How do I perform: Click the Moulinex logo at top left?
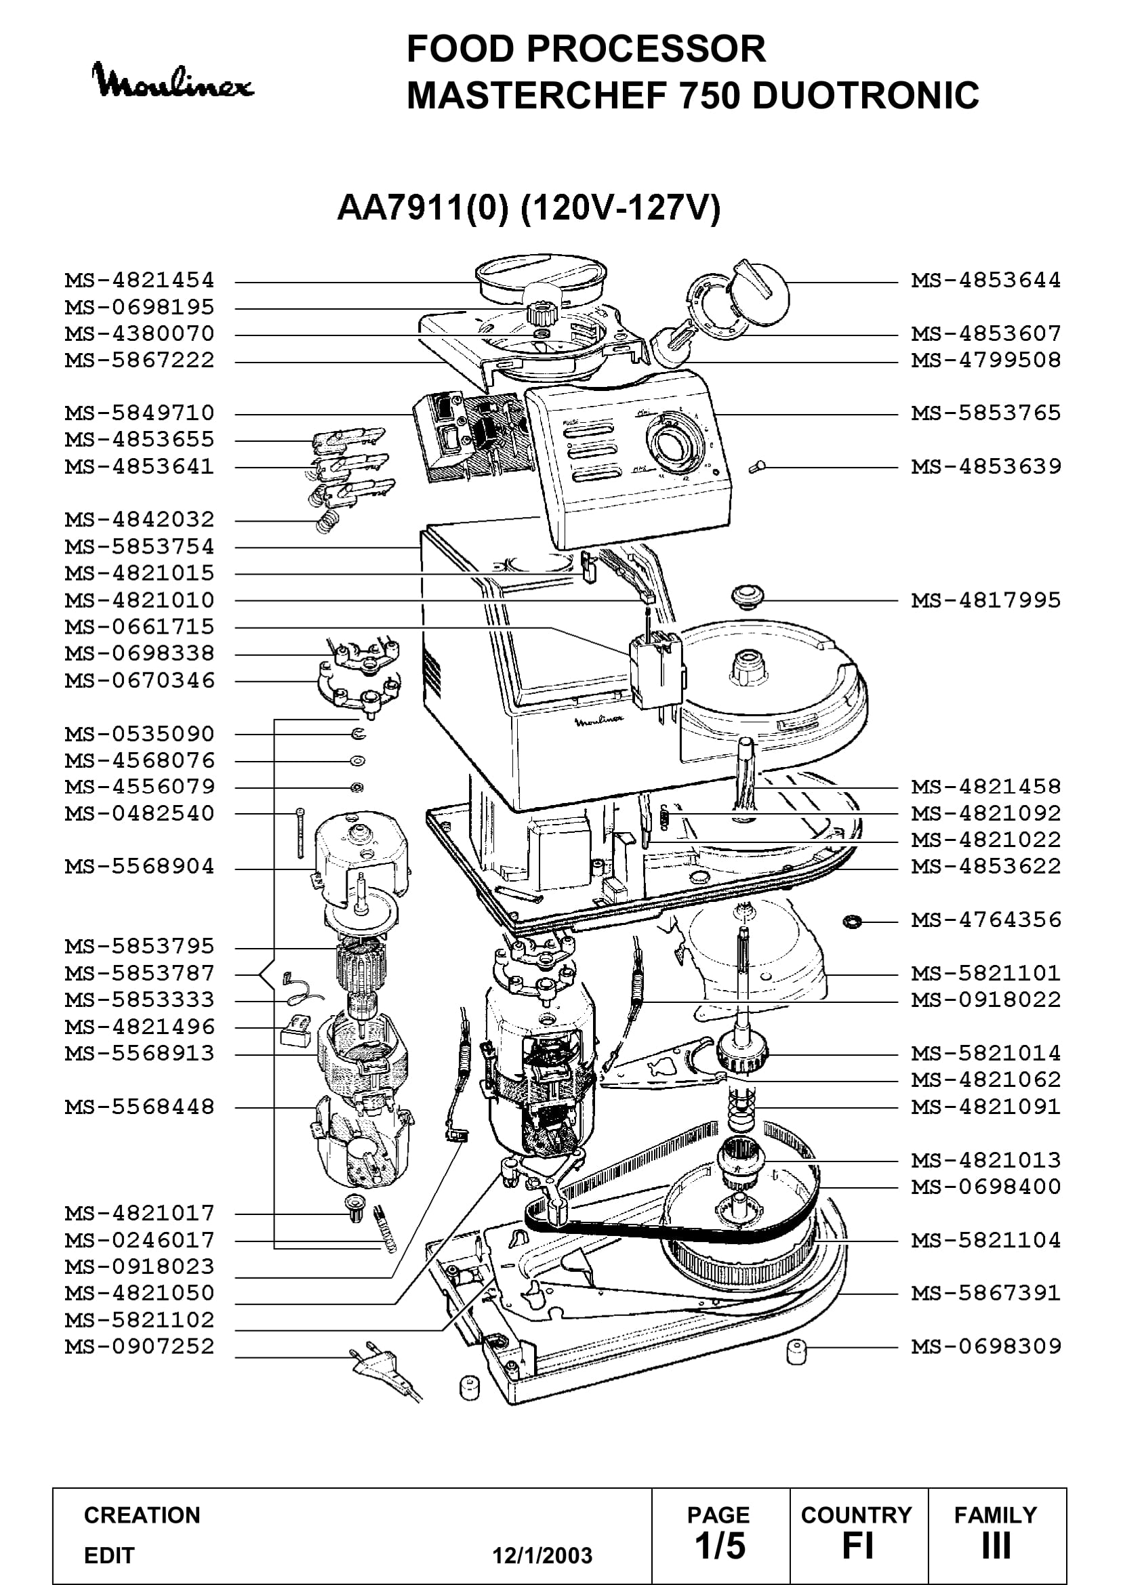click(x=173, y=81)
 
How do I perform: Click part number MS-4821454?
click(x=140, y=281)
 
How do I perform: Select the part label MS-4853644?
click(x=985, y=281)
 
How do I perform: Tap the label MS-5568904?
click(x=140, y=867)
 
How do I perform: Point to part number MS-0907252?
click(x=140, y=1346)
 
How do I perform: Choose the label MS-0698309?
click(x=985, y=1346)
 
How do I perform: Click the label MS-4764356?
click(x=985, y=920)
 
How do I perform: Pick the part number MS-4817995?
click(x=985, y=600)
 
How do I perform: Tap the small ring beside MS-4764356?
click(x=853, y=921)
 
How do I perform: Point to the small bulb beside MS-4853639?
click(x=757, y=468)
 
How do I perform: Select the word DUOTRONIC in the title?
click(x=865, y=96)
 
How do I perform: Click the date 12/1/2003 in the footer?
click(x=542, y=1555)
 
